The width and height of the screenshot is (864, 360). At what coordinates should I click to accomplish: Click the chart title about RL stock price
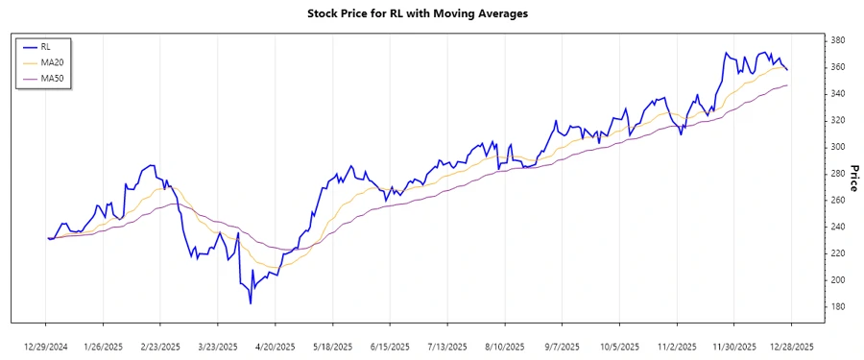point(431,14)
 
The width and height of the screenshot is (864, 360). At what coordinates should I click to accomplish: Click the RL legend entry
point(45,46)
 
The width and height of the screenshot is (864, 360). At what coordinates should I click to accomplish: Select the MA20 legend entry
point(50,61)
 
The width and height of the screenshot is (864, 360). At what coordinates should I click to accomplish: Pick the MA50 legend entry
point(50,77)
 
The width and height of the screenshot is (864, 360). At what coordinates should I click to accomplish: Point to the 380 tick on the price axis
point(837,40)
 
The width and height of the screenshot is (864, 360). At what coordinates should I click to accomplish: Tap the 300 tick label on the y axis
point(837,147)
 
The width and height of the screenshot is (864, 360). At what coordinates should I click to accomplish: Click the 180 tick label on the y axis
point(837,306)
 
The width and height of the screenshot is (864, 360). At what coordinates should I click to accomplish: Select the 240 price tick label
point(837,227)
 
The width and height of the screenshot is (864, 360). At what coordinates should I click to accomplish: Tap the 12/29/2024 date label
point(46,346)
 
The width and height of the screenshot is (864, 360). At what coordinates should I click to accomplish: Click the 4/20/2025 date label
point(276,346)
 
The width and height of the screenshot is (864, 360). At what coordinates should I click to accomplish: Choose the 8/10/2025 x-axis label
point(505,346)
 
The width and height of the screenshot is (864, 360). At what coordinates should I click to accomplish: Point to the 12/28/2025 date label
point(791,346)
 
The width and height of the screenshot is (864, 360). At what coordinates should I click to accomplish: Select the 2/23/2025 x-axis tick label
point(160,346)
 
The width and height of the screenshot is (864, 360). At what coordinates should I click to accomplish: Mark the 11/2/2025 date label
point(677,346)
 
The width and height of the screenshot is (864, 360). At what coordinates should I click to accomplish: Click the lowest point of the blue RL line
point(251,303)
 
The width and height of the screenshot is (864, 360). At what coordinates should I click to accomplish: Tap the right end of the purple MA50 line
point(787,85)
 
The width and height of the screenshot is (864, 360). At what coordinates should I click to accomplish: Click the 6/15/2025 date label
point(390,346)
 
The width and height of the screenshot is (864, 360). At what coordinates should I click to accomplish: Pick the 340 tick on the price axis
point(837,93)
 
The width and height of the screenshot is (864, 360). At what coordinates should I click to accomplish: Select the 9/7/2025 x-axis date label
point(562,346)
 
